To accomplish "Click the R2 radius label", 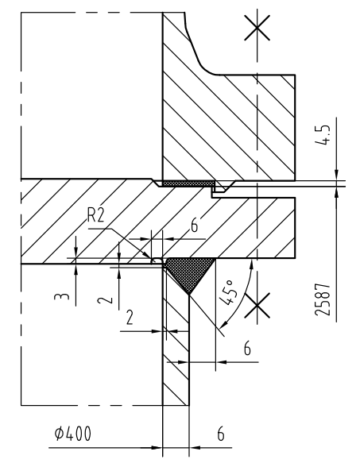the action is coord(96,215).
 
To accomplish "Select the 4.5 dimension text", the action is coord(322,135).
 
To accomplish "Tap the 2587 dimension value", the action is coord(322,299).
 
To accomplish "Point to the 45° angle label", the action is coord(228,293).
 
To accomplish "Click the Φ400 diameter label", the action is coord(73,434).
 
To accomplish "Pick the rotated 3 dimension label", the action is coord(62,296).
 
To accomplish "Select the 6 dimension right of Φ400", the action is coord(221,434).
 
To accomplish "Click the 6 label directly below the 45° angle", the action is coord(247,348).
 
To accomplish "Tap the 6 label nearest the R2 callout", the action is coord(194,226).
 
